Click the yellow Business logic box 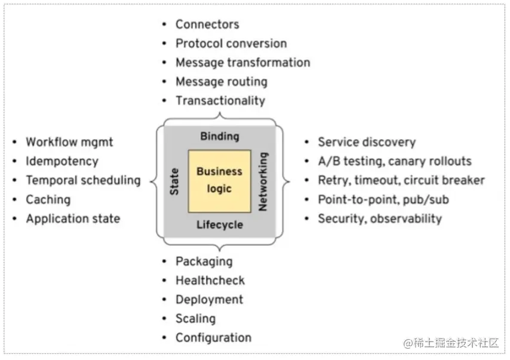pos(219,181)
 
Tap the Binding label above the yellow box pos(219,136)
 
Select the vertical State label pos(175,180)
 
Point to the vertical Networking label pos(263,181)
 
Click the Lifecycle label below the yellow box pos(219,224)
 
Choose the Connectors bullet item pos(207,24)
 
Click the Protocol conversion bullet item pos(231,44)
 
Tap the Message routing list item pos(221,82)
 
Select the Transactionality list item pos(220,101)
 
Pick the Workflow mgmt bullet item pos(69,142)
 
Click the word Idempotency pos(62,161)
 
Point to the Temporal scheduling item pos(82,180)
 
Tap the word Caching pos(48,199)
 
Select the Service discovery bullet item pos(366,142)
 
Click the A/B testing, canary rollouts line pos(394,161)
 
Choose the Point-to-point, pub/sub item pos(383,199)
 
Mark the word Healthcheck pos(210,281)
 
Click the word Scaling pos(195,319)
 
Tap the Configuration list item pos(213,338)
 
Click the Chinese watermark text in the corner pos(451,343)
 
